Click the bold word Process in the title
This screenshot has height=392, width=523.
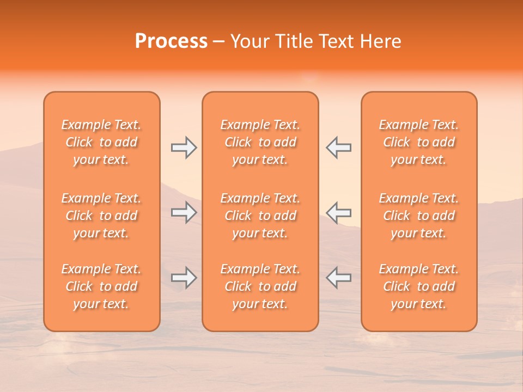[x=171, y=41]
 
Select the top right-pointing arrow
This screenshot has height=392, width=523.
[x=184, y=148]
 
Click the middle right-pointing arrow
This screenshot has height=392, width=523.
[x=184, y=212]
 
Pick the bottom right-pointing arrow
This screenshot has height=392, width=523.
[x=184, y=278]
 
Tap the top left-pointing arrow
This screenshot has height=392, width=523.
[x=338, y=148]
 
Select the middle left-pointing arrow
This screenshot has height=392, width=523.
[x=338, y=212]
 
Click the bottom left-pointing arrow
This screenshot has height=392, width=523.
[x=338, y=278]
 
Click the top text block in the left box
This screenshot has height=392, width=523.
[x=101, y=142]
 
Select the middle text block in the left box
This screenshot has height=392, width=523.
[x=101, y=216]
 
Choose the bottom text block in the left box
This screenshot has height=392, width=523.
[x=101, y=286]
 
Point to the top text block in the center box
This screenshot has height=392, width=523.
[x=260, y=142]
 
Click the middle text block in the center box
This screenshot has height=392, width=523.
[x=260, y=216]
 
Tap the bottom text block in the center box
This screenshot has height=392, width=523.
[x=260, y=286]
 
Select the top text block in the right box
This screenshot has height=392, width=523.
[x=418, y=142]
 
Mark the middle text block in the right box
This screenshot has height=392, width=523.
[x=418, y=216]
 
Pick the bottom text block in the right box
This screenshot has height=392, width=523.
[x=418, y=286]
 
